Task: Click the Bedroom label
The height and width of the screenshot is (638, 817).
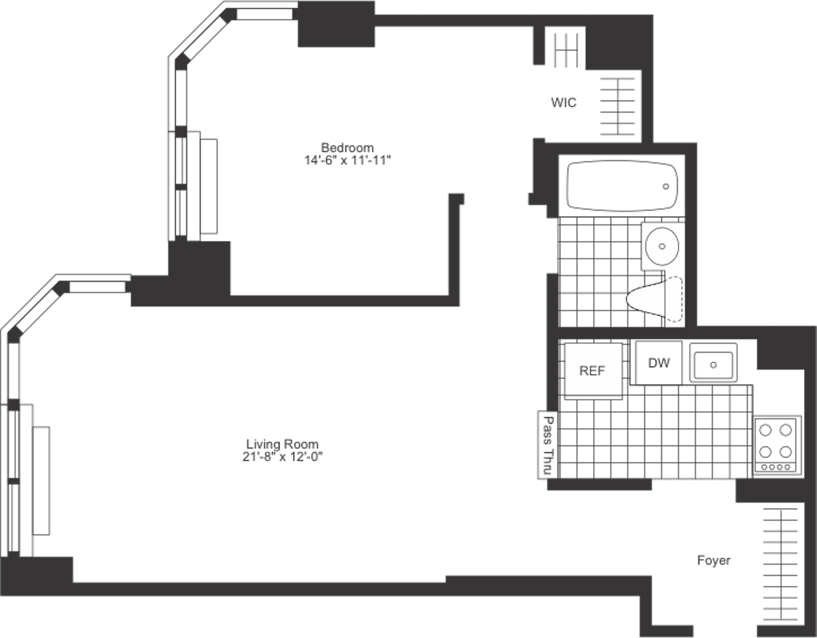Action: (x=347, y=148)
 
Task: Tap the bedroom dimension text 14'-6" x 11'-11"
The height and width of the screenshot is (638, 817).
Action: (x=348, y=160)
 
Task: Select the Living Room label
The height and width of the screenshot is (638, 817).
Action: (x=283, y=444)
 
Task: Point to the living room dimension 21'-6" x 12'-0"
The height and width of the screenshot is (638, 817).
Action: (x=283, y=457)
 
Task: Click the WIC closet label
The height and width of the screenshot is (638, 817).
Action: (x=563, y=102)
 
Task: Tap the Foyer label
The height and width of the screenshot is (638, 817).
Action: (x=714, y=561)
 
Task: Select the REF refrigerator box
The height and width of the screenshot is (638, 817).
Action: (x=593, y=370)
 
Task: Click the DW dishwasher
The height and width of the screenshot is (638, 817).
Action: (x=659, y=363)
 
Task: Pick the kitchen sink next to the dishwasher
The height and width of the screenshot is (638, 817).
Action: (x=714, y=363)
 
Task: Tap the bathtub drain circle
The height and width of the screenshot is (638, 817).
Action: (x=666, y=186)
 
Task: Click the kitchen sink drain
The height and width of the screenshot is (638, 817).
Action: (x=714, y=364)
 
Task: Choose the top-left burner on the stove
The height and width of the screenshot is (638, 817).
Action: (x=766, y=431)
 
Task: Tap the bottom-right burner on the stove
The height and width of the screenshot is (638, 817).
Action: (x=786, y=453)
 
